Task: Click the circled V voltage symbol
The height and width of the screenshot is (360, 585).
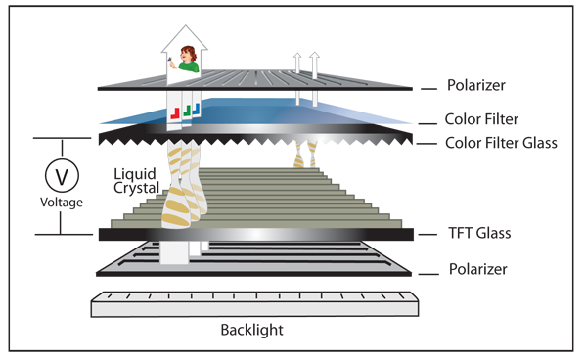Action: [x=62, y=175]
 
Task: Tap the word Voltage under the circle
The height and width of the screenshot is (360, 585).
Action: [x=62, y=202]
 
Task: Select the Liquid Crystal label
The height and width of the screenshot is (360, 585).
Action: [x=137, y=181]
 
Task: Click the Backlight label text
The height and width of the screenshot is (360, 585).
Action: [x=251, y=330]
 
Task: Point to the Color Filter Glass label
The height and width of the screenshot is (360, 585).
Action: [x=501, y=143]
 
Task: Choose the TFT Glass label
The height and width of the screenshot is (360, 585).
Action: [x=479, y=233]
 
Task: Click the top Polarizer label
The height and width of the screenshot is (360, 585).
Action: [x=476, y=85]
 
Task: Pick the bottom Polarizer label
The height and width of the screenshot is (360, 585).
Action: [x=478, y=269]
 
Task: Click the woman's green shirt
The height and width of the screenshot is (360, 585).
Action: [x=189, y=67]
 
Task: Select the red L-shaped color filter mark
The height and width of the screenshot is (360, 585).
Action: [x=175, y=113]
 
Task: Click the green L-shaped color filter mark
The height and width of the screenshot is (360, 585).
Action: [x=187, y=111]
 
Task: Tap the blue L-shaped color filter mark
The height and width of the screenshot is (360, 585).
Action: [x=197, y=109]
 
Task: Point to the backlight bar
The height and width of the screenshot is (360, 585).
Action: [x=254, y=304]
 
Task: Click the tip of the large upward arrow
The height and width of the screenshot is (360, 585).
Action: [x=186, y=25]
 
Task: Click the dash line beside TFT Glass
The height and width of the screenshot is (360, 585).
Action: [x=427, y=234]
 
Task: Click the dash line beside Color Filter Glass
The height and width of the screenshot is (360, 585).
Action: [x=427, y=143]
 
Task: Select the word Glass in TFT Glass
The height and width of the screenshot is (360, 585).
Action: [x=494, y=233]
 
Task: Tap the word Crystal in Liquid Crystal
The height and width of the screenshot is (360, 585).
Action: [x=137, y=188]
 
